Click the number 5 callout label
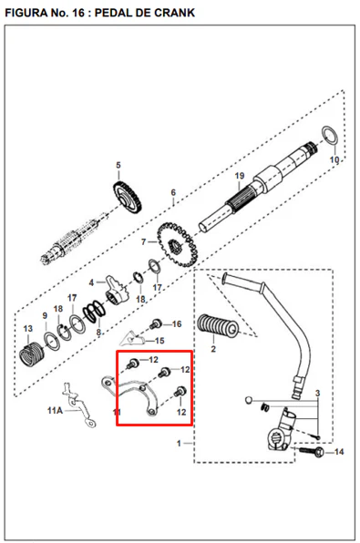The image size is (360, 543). pyautogui.click(x=118, y=165)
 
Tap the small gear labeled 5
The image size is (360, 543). pyautogui.click(x=128, y=198)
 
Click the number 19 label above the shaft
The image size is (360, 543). pyautogui.click(x=240, y=176)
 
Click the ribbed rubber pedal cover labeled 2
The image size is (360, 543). pyautogui.click(x=218, y=326)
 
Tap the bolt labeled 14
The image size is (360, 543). pyautogui.click(x=311, y=451)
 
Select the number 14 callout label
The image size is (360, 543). pyautogui.click(x=339, y=452)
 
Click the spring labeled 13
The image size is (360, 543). pyautogui.click(x=32, y=353)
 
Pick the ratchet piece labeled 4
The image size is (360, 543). pyautogui.click(x=117, y=291)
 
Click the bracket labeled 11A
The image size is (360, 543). pyautogui.click(x=79, y=405)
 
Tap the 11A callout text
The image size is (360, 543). pyautogui.click(x=55, y=411)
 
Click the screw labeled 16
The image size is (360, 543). pyautogui.click(x=156, y=324)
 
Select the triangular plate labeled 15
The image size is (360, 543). pyautogui.click(x=133, y=338)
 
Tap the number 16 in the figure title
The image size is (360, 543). pyautogui.click(x=78, y=13)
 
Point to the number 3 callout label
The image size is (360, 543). pyautogui.click(x=317, y=394)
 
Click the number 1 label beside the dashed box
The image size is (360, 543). pyautogui.click(x=179, y=444)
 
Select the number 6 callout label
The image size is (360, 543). pyautogui.click(x=173, y=192)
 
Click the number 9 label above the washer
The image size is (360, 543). pyautogui.click(x=45, y=316)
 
